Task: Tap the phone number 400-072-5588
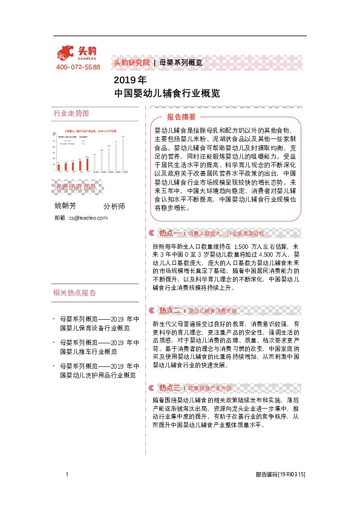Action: coord(78,67)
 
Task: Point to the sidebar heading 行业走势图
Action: coord(71,114)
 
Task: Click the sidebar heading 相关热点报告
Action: coord(74,293)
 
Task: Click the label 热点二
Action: coord(171,310)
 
